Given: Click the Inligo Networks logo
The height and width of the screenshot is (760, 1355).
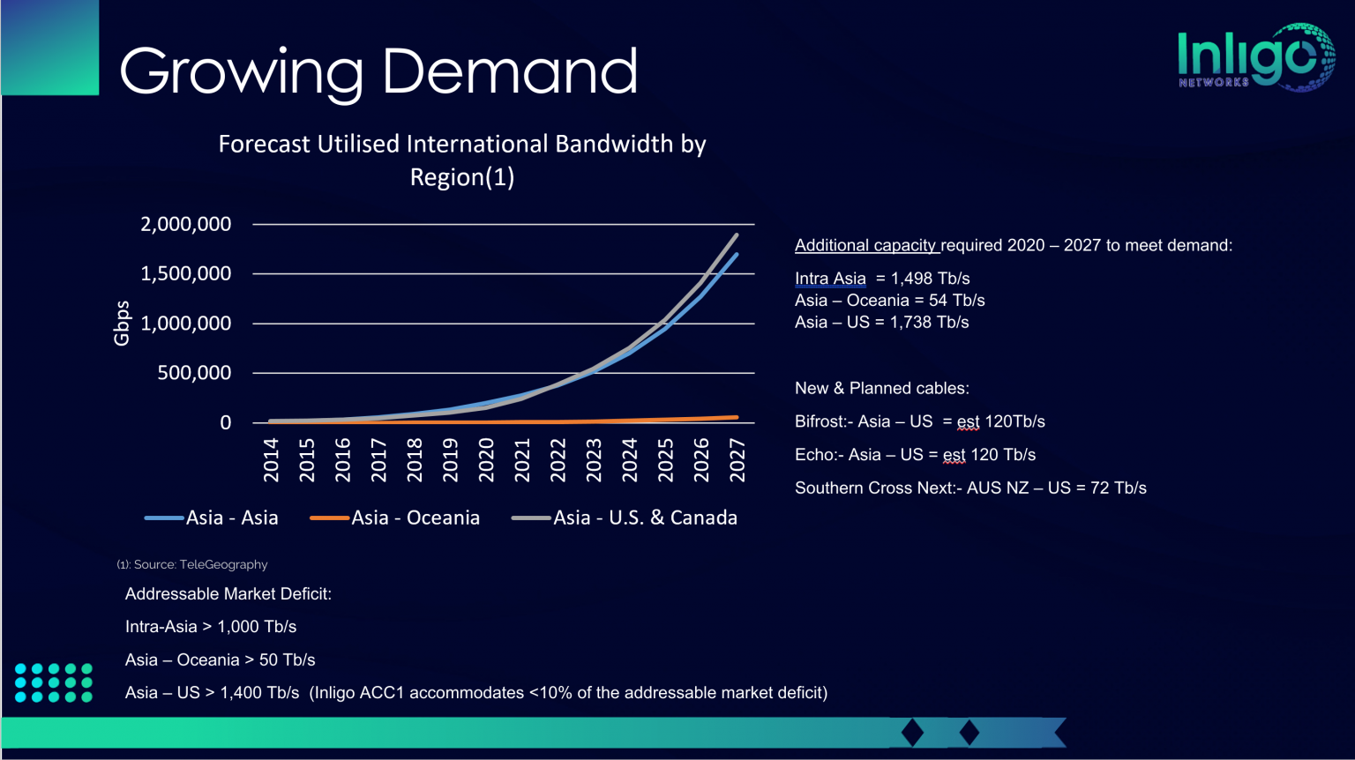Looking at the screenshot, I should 1254,57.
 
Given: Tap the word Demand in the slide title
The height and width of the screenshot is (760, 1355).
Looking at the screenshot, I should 510,71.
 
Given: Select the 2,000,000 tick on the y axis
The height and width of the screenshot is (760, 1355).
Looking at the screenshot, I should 185,224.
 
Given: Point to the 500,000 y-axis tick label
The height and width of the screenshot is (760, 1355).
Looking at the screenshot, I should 194,373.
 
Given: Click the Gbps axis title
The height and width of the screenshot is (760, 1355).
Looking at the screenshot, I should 122,323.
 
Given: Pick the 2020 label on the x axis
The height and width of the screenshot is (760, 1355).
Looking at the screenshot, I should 486,459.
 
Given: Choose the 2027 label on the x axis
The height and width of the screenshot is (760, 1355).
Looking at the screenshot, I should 737,459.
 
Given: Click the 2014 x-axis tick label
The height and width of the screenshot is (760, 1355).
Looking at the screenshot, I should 271,459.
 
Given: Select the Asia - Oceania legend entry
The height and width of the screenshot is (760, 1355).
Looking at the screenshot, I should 415,518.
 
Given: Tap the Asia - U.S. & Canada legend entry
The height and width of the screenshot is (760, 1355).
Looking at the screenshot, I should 644,518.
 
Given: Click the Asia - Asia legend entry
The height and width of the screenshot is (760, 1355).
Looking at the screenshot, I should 231,518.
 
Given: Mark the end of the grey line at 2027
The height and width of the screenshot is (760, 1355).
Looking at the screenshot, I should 737,235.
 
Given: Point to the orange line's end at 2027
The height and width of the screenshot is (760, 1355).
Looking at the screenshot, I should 737,417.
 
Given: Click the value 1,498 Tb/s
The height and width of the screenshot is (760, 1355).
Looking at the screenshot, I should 930,279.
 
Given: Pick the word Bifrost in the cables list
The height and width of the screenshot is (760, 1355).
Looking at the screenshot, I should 820,421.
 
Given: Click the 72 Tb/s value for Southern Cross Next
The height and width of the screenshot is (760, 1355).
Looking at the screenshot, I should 1118,488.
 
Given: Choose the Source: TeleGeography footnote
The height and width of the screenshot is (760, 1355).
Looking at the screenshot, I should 192,564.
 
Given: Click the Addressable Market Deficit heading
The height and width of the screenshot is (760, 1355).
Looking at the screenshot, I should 228,594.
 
